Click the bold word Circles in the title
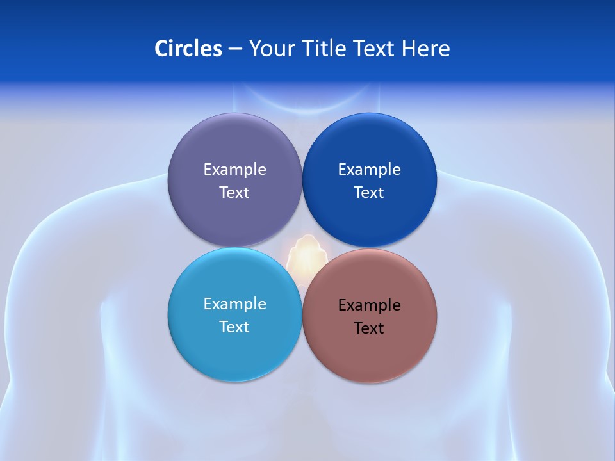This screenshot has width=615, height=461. click(x=188, y=49)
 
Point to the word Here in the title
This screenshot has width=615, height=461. click(x=425, y=49)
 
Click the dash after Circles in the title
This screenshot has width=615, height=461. click(x=235, y=49)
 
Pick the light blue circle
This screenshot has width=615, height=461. click(x=234, y=348)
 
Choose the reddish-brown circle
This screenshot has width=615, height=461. click(x=370, y=352)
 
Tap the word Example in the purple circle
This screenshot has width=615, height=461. click(x=234, y=170)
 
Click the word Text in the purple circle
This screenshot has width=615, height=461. click(x=234, y=192)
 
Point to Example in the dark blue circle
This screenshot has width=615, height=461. click(x=370, y=170)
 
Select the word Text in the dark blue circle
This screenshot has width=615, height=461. click(x=370, y=192)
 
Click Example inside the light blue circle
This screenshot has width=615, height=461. click(x=234, y=304)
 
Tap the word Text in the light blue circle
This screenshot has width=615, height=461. click(x=234, y=327)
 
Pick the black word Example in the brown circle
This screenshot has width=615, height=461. click(x=370, y=305)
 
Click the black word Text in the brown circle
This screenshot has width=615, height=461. click(x=370, y=328)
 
